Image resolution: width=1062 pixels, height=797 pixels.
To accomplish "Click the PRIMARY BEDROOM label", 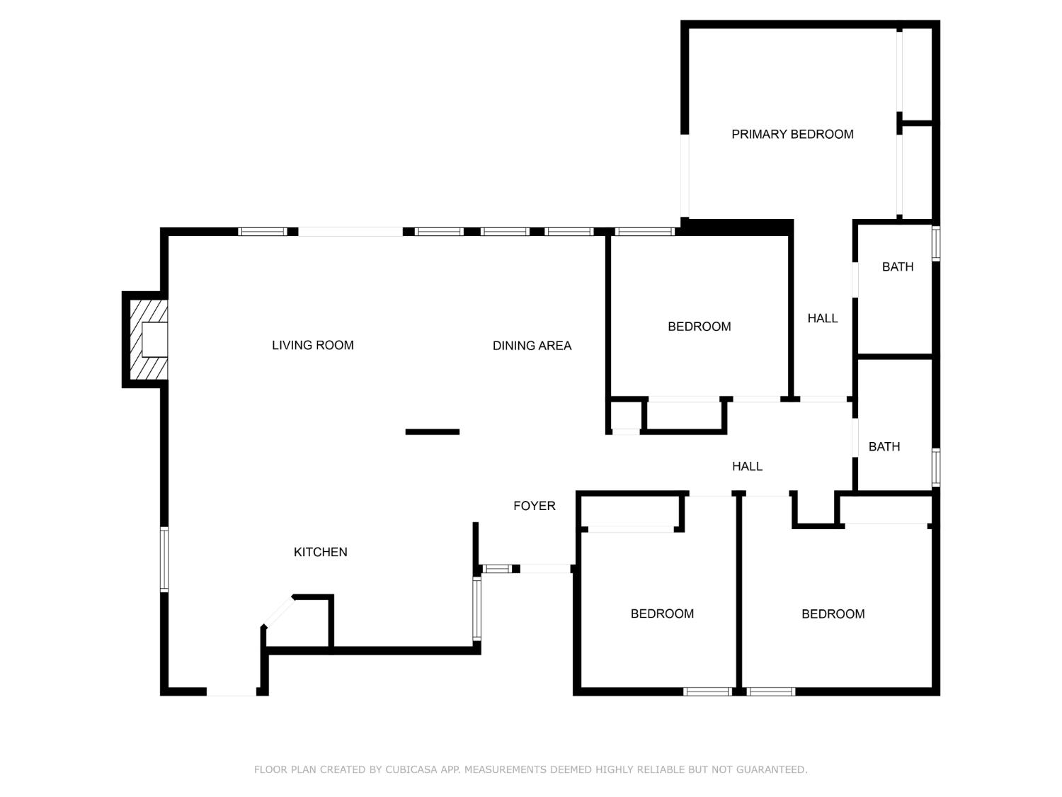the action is click(792, 134).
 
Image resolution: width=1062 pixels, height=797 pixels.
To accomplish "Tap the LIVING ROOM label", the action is click(312, 345).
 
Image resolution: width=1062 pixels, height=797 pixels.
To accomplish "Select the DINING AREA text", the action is click(532, 346).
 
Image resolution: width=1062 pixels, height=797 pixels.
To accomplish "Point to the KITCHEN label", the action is click(320, 552).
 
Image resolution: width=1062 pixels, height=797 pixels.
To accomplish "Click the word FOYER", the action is click(534, 506).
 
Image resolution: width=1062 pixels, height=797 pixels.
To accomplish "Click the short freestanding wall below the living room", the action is click(432, 431).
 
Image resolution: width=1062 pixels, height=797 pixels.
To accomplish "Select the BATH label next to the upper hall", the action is click(898, 266).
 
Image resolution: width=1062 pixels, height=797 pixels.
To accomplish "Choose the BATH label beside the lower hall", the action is click(884, 446).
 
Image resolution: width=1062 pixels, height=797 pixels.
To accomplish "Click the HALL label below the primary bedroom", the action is click(823, 318).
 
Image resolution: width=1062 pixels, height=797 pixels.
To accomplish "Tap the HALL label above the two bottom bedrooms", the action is click(747, 466).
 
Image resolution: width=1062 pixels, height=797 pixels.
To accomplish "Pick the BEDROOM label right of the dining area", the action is click(699, 327).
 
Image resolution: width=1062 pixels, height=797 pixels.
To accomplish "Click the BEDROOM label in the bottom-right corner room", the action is click(833, 614).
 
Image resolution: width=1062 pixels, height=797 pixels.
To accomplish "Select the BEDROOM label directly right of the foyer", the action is click(662, 614).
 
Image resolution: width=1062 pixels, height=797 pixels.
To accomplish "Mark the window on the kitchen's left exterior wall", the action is click(164, 559).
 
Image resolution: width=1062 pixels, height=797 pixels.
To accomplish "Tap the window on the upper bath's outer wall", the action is click(936, 244).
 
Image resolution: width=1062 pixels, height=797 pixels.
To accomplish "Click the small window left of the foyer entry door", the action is click(497, 569).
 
